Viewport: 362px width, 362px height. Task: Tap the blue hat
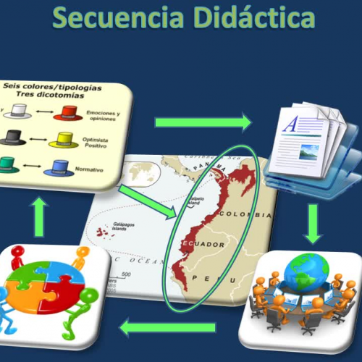tap(60, 169)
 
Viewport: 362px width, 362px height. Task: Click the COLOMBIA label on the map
tap(249, 214)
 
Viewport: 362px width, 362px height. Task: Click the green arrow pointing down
tap(313, 222)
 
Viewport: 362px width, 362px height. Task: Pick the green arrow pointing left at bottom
tap(167, 327)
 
